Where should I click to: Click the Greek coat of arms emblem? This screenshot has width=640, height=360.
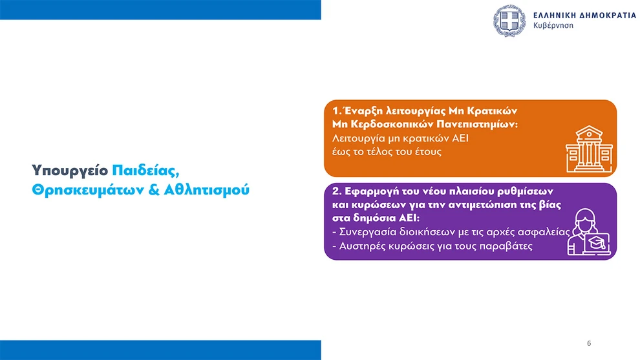point(509,21)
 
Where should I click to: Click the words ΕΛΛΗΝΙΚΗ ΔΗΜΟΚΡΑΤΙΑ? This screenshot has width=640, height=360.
point(584,15)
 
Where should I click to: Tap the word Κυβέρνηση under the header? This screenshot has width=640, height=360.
point(553,26)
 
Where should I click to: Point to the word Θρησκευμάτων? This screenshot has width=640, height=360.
point(87,190)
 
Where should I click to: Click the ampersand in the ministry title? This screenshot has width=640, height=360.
point(153,190)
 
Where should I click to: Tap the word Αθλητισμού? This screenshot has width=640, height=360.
point(206,190)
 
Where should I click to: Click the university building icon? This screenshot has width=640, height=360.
point(589,149)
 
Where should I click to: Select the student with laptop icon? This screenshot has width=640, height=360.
point(589,232)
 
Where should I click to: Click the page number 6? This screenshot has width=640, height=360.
point(589,343)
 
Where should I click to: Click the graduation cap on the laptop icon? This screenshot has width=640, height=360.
point(596,242)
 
